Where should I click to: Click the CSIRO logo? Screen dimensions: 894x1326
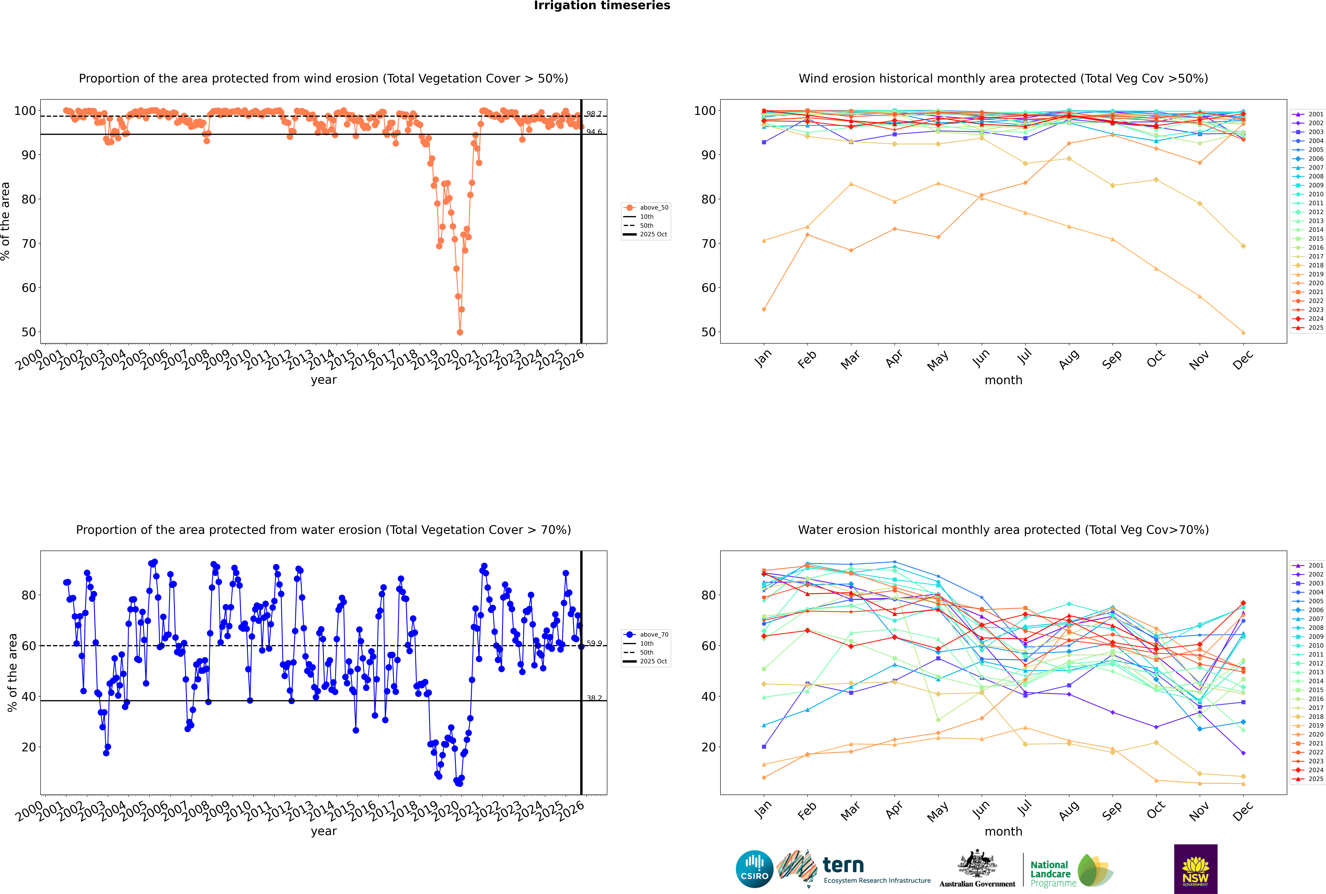coord(754,869)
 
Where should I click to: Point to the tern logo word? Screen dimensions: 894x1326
coord(843,866)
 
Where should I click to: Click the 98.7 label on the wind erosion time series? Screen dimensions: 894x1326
coord(594,114)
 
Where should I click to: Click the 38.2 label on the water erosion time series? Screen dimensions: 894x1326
coord(594,698)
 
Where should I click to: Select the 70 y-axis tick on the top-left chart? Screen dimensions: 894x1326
coord(28,244)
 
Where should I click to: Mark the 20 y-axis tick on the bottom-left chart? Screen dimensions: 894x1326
coord(28,747)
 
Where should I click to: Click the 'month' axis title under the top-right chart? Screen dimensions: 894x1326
coord(1003,380)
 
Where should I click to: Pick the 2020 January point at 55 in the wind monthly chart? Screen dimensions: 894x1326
coord(764,310)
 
